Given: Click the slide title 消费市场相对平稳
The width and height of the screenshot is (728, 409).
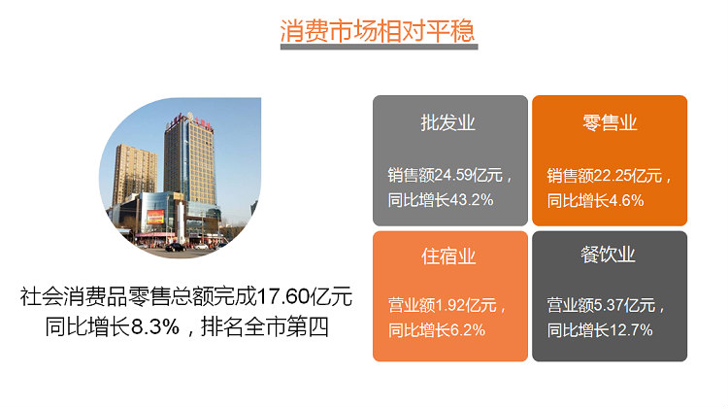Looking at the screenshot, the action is [x=378, y=31].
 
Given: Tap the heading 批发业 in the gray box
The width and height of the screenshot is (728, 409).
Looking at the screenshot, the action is [x=448, y=123].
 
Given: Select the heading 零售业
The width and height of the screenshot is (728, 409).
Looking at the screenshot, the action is [x=610, y=123].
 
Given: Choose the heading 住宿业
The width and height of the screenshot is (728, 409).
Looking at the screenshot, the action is [x=448, y=256].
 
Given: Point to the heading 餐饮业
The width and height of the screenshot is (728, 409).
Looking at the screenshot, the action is [x=608, y=255].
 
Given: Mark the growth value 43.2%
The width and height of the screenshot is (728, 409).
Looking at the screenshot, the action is [x=471, y=200].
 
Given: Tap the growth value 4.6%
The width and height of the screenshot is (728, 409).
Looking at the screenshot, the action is [x=626, y=200].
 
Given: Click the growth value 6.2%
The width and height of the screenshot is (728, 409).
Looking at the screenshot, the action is [x=468, y=330].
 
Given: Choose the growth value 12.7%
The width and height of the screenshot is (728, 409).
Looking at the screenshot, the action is [x=631, y=330].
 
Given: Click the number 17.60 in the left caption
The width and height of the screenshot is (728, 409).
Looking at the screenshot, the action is [x=282, y=296].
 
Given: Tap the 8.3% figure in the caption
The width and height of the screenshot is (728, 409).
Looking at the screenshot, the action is [x=155, y=326].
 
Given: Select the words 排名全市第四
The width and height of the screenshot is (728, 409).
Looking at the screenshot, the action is [x=265, y=326].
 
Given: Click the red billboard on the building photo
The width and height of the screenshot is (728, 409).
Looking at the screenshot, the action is [x=155, y=217].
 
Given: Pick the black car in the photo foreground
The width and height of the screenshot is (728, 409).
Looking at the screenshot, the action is [x=176, y=248].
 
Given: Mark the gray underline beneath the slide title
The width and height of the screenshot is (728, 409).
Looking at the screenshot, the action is [x=379, y=47].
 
